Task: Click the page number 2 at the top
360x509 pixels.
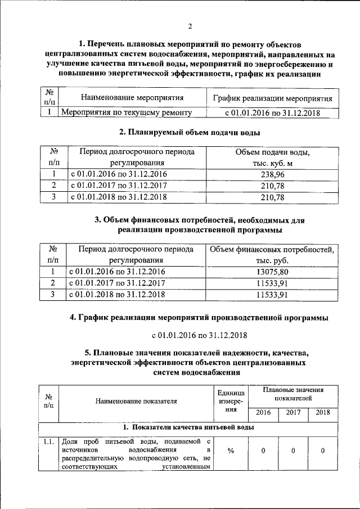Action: (190, 26)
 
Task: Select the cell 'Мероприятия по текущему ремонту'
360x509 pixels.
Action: (127, 112)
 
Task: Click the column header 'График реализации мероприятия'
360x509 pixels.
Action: (272, 98)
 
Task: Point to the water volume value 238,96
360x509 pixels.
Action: (272, 174)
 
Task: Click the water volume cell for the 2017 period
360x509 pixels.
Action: (272, 185)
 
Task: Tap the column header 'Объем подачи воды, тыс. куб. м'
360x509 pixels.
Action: (272, 158)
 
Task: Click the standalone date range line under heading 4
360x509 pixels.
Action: (195, 335)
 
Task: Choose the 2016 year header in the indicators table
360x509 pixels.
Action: (263, 413)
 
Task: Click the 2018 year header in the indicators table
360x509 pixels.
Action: (323, 413)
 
